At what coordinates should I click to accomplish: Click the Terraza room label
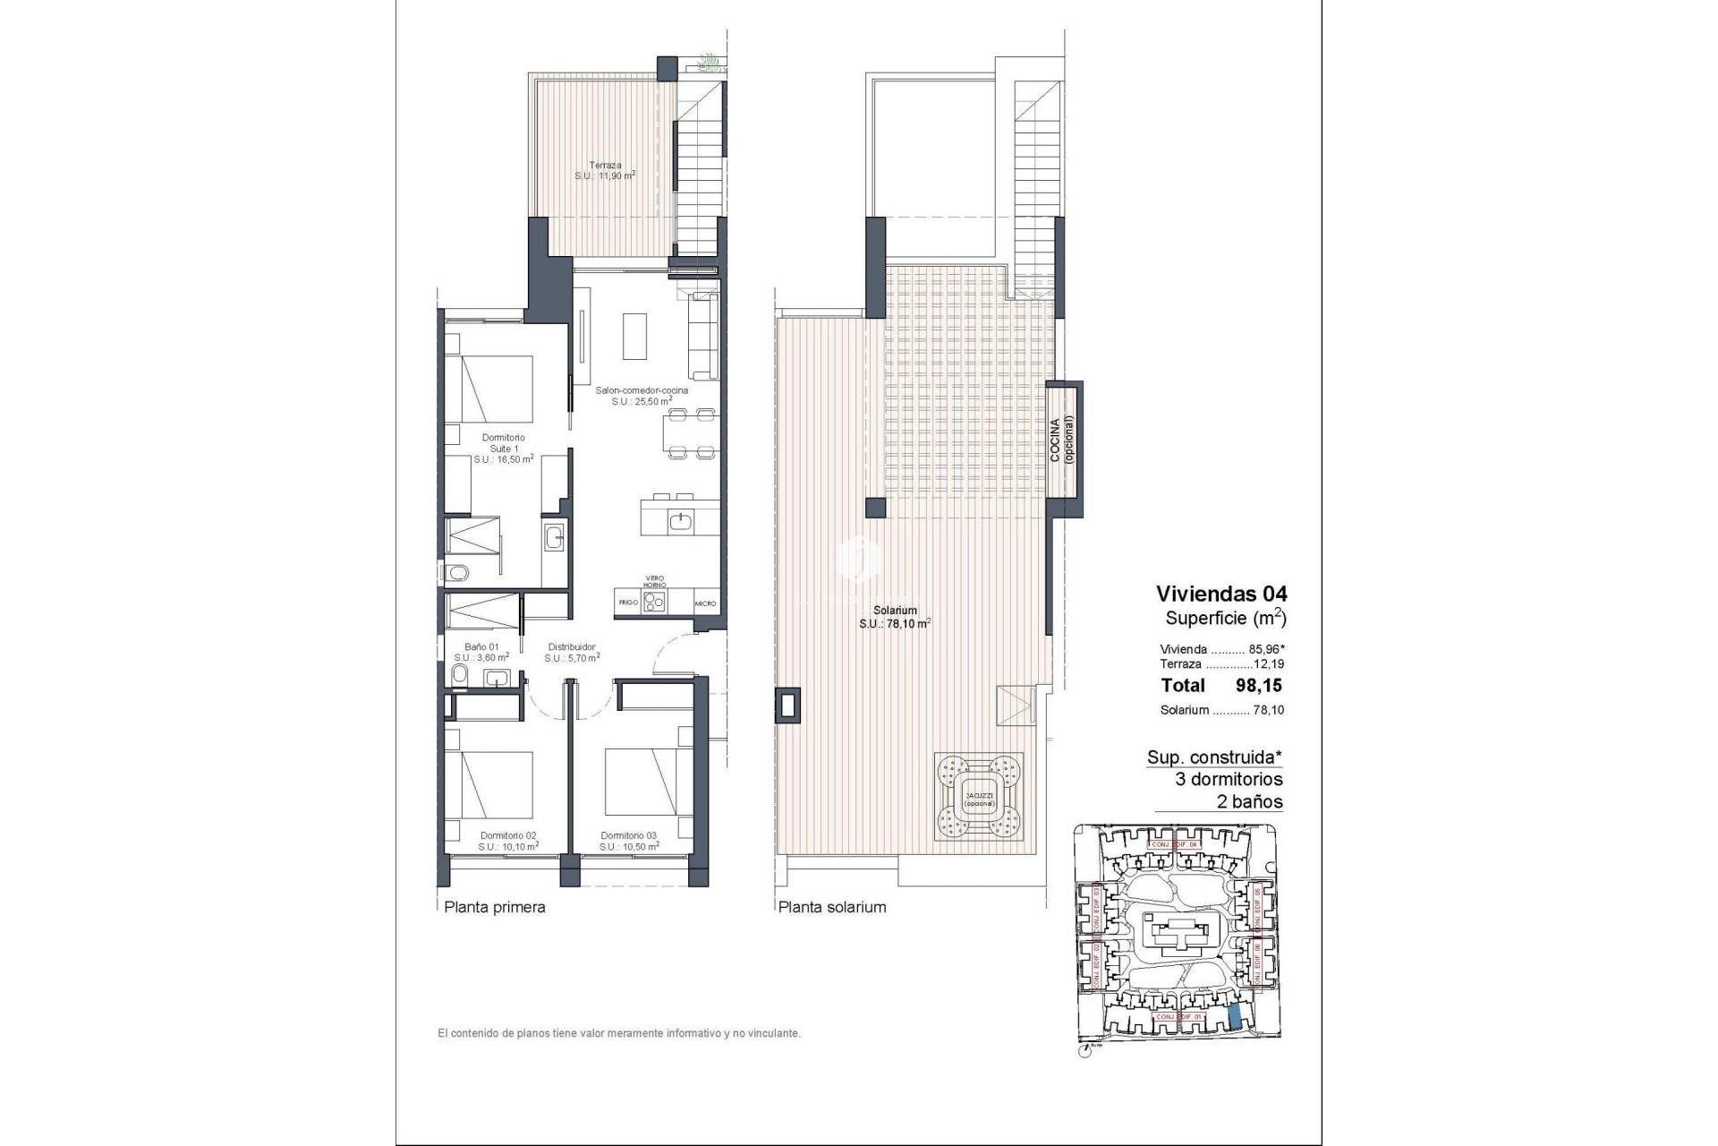pyautogui.click(x=605, y=170)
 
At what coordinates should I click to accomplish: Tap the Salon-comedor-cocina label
pyautogui.click(x=642, y=396)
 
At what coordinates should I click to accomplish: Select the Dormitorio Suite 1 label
pyautogui.click(x=503, y=448)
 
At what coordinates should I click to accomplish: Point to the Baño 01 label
pyautogui.click(x=481, y=651)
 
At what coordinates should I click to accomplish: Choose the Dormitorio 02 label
pyautogui.click(x=507, y=841)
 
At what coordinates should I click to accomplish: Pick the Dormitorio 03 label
pyautogui.click(x=629, y=841)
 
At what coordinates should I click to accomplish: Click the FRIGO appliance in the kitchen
pyautogui.click(x=628, y=603)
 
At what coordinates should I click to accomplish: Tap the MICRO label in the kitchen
pyautogui.click(x=705, y=603)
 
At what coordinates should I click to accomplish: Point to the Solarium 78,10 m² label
pyautogui.click(x=895, y=617)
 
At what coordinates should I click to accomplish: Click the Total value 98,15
pyautogui.click(x=1259, y=686)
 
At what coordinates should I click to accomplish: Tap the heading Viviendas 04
pyautogui.click(x=1220, y=594)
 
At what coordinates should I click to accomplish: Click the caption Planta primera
pyautogui.click(x=495, y=907)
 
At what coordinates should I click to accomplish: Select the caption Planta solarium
pyautogui.click(x=831, y=907)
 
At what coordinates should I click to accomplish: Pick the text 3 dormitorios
pyautogui.click(x=1229, y=779)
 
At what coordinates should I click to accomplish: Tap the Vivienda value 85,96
pyautogui.click(x=1264, y=649)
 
